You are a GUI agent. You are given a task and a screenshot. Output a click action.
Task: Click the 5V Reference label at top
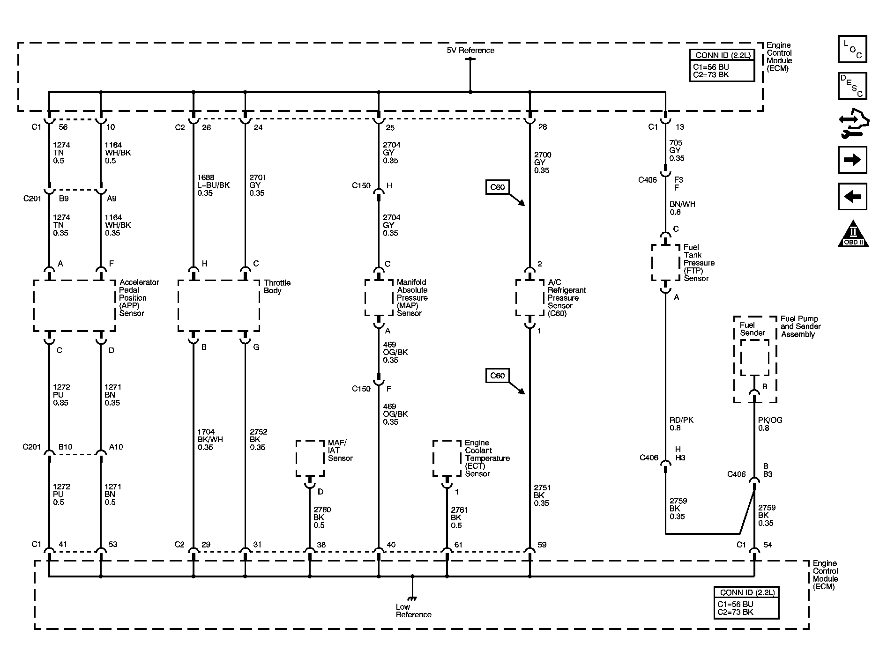coord(470,50)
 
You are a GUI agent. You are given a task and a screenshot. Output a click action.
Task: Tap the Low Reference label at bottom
coord(413,610)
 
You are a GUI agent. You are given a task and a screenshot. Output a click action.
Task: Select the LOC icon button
coord(852,49)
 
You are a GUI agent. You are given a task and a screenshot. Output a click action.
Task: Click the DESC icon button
coord(852,86)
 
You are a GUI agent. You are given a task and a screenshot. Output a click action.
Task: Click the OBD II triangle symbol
coord(853,234)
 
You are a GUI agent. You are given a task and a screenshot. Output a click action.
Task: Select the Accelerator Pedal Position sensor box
coord(74,306)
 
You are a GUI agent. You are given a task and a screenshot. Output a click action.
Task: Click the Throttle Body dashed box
coord(218,306)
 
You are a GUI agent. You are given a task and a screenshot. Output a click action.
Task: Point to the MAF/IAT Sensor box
coord(310,458)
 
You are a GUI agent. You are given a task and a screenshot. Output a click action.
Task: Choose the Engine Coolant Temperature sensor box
coord(447,458)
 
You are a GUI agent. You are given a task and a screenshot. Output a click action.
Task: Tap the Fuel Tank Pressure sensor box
coord(665,262)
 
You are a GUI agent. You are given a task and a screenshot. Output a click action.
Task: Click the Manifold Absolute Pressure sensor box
coord(379,298)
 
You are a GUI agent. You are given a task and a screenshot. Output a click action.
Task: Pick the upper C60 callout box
coord(497,187)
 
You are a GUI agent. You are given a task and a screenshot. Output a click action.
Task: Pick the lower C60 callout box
coord(497,376)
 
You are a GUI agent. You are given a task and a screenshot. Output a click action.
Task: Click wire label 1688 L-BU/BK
coord(213,185)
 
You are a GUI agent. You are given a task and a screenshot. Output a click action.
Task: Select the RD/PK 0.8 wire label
coord(681,424)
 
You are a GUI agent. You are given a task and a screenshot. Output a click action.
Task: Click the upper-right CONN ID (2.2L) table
coord(722,66)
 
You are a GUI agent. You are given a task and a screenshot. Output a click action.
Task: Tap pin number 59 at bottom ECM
coord(542,545)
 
